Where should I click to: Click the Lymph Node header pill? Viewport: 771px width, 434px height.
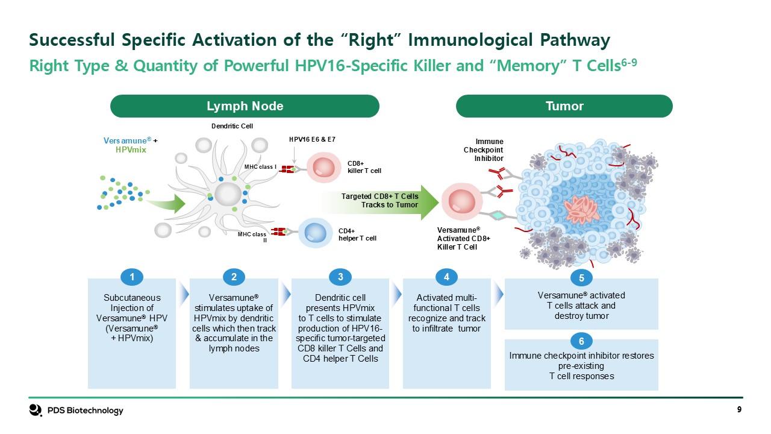pyautogui.click(x=245, y=106)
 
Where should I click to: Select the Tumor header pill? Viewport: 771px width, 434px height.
pyautogui.click(x=564, y=106)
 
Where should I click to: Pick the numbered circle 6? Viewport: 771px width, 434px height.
pyautogui.click(x=581, y=342)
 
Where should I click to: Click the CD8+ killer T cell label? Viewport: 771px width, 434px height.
pyautogui.click(x=364, y=167)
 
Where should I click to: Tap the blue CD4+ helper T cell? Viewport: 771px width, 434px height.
pyautogui.click(x=314, y=233)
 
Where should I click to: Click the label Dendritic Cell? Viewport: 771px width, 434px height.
pyautogui.click(x=232, y=126)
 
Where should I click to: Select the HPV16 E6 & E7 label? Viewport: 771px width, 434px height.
pyautogui.click(x=312, y=139)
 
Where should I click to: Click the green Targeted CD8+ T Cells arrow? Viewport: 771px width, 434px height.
pyautogui.click(x=379, y=201)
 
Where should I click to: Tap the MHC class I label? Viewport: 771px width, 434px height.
pyautogui.click(x=260, y=166)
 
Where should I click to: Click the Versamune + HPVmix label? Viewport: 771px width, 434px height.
pyautogui.click(x=131, y=145)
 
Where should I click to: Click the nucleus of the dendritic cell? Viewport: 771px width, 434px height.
pyautogui.click(x=228, y=195)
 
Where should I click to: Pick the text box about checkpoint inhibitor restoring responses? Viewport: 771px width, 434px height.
pyautogui.click(x=581, y=366)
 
